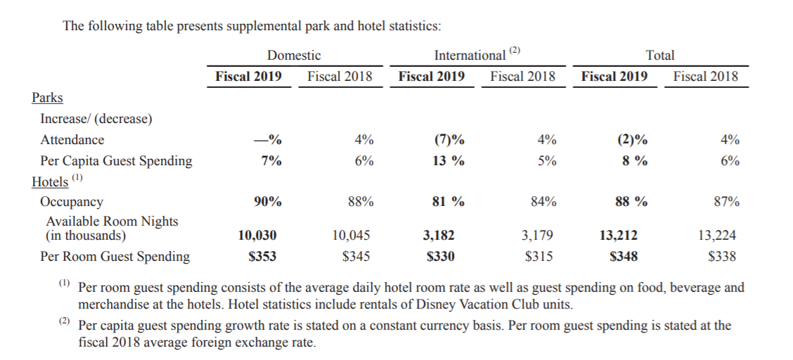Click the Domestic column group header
[x=294, y=55]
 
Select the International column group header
[x=470, y=55]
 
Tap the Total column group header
[x=661, y=55]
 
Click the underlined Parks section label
[x=48, y=97]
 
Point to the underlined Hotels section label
[x=50, y=181]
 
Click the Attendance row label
[x=72, y=139]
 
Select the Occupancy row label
[x=71, y=202]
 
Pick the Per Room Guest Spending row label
[x=115, y=257]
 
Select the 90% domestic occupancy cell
[x=268, y=201]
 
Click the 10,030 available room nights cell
[x=257, y=235]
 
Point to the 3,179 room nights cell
[x=537, y=235]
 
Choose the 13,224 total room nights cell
[x=716, y=235]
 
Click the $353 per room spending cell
[x=262, y=257]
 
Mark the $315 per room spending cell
[x=539, y=257]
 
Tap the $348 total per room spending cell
[x=624, y=257]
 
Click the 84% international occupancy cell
[x=543, y=201]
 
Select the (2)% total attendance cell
[x=632, y=139]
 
